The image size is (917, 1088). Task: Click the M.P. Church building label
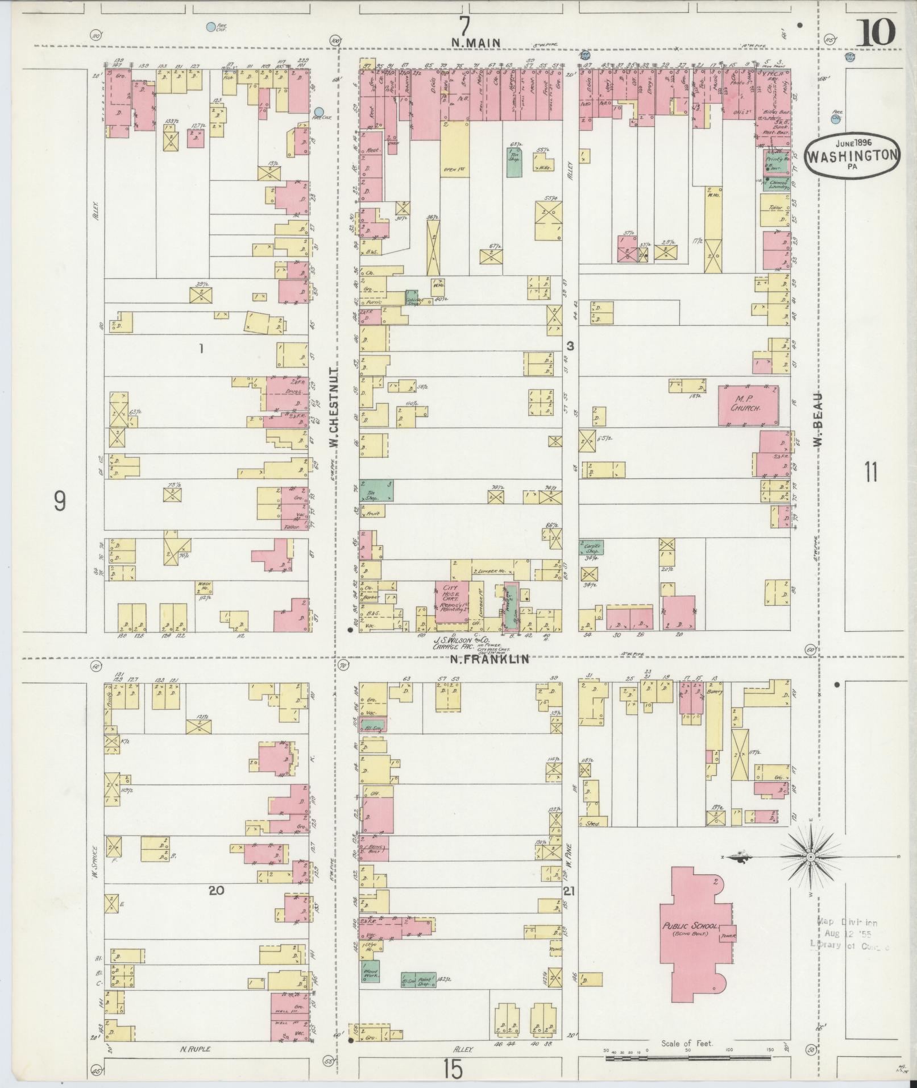pos(746,404)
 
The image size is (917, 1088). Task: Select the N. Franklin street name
pos(489,659)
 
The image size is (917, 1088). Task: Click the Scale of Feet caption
pos(687,1044)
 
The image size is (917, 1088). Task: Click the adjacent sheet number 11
pos(871,472)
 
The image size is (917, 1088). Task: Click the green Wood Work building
pos(372,971)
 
